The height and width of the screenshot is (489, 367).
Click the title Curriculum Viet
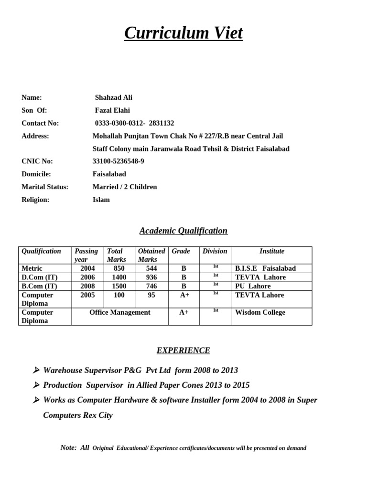pyautogui.click(x=183, y=33)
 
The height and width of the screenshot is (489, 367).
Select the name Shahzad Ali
pyautogui.click(x=113, y=97)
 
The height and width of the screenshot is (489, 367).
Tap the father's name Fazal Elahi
pyautogui.click(x=112, y=110)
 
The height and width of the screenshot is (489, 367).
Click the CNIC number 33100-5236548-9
pyautogui.click(x=118, y=161)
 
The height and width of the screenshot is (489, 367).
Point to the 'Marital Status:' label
pyautogui.click(x=45, y=187)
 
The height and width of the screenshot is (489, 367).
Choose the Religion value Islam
pyautogui.click(x=101, y=200)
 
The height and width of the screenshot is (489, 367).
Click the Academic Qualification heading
pyautogui.click(x=183, y=231)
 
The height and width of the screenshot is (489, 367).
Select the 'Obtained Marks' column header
pyautogui.click(x=151, y=255)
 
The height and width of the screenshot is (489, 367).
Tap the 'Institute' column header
pyautogui.click(x=271, y=251)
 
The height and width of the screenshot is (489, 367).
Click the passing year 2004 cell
pyautogui.click(x=87, y=268)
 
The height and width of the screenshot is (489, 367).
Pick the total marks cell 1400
pyautogui.click(x=119, y=277)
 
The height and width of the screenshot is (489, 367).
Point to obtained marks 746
pyautogui.click(x=151, y=286)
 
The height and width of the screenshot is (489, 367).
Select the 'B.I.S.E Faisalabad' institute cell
pyautogui.click(x=265, y=268)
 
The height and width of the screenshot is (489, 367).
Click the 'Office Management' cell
pyautogui.click(x=120, y=312)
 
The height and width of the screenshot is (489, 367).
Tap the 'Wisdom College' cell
pyautogui.click(x=260, y=312)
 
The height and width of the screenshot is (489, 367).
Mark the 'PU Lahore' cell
pyautogui.click(x=253, y=286)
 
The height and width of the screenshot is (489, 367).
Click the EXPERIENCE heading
pyautogui.click(x=183, y=351)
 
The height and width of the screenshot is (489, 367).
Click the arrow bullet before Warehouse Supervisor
pyautogui.click(x=36, y=371)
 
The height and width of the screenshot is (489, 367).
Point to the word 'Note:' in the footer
pyautogui.click(x=68, y=447)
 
